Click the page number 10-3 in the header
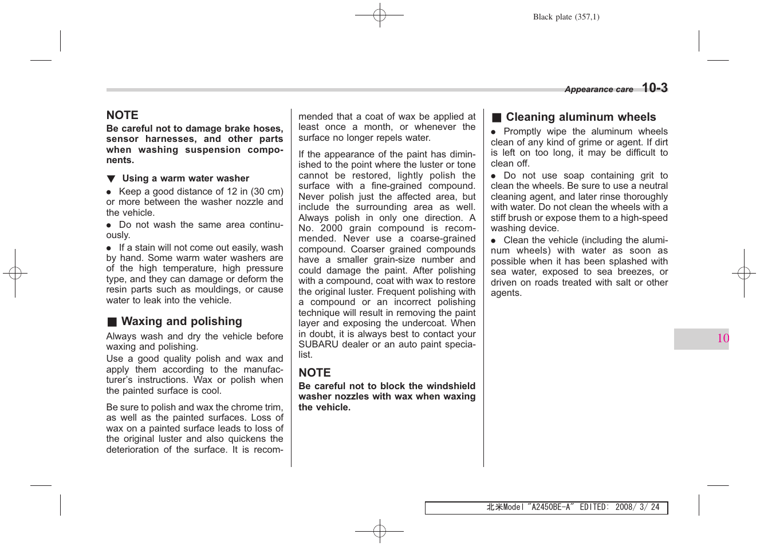tap(655, 88)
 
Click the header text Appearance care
tap(598, 89)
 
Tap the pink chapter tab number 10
tap(723, 338)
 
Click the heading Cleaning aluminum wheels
tap(581, 117)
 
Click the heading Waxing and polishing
tap(182, 322)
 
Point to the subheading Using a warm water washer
tap(186, 179)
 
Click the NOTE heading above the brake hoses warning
tap(123, 115)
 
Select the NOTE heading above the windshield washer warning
tap(314, 373)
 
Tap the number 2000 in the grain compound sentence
tap(332, 228)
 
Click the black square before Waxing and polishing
tap(112, 322)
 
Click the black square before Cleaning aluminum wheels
tap(497, 118)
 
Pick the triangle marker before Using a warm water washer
tap(111, 179)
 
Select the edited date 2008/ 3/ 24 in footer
tap(637, 507)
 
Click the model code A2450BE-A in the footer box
tap(551, 507)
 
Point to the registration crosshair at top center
tap(379, 15)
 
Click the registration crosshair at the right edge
tap(744, 273)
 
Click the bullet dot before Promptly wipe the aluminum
tap(493, 132)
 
